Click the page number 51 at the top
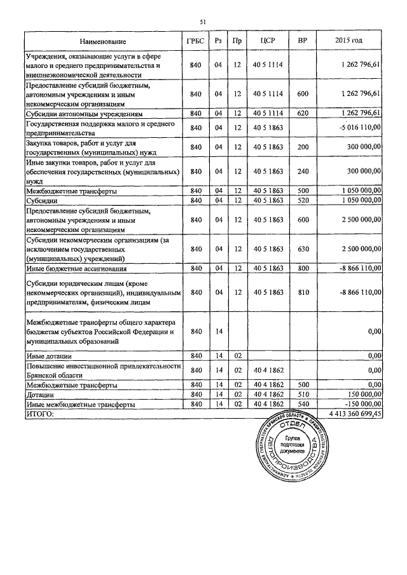click(x=203, y=22)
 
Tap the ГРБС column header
click(x=196, y=41)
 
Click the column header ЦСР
click(x=267, y=41)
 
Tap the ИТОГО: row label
click(x=40, y=413)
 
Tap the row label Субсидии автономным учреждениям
click(x=83, y=114)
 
